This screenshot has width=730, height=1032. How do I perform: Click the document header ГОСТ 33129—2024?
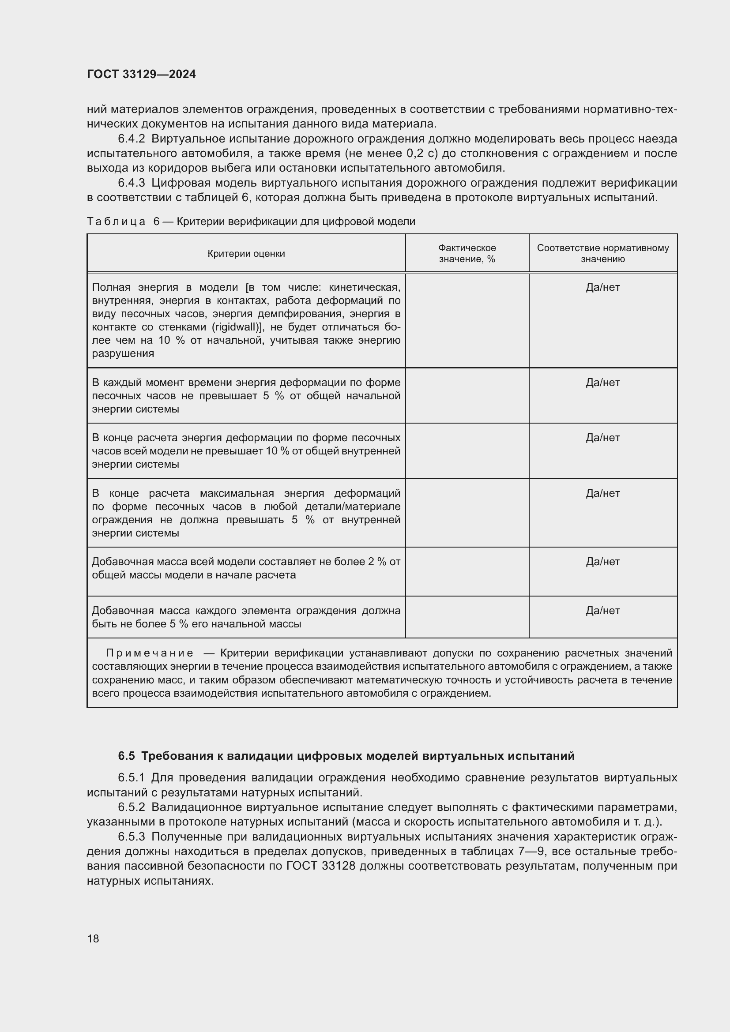141,74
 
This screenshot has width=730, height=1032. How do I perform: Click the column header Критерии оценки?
246,254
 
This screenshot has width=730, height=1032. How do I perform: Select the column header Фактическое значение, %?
467,254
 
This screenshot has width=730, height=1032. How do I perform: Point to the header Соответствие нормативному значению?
602,254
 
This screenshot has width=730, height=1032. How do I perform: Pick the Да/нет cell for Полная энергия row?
602,287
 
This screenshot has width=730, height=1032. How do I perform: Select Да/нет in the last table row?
602,611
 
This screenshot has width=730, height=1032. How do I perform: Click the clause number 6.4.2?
131,139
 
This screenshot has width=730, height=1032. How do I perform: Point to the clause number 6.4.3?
131,183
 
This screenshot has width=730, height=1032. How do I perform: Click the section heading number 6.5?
126,756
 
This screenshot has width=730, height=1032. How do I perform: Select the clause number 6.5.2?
131,807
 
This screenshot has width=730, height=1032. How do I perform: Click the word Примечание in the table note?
150,653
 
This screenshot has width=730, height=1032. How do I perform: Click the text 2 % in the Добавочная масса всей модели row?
377,562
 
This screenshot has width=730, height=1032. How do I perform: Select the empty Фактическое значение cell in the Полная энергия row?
467,320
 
